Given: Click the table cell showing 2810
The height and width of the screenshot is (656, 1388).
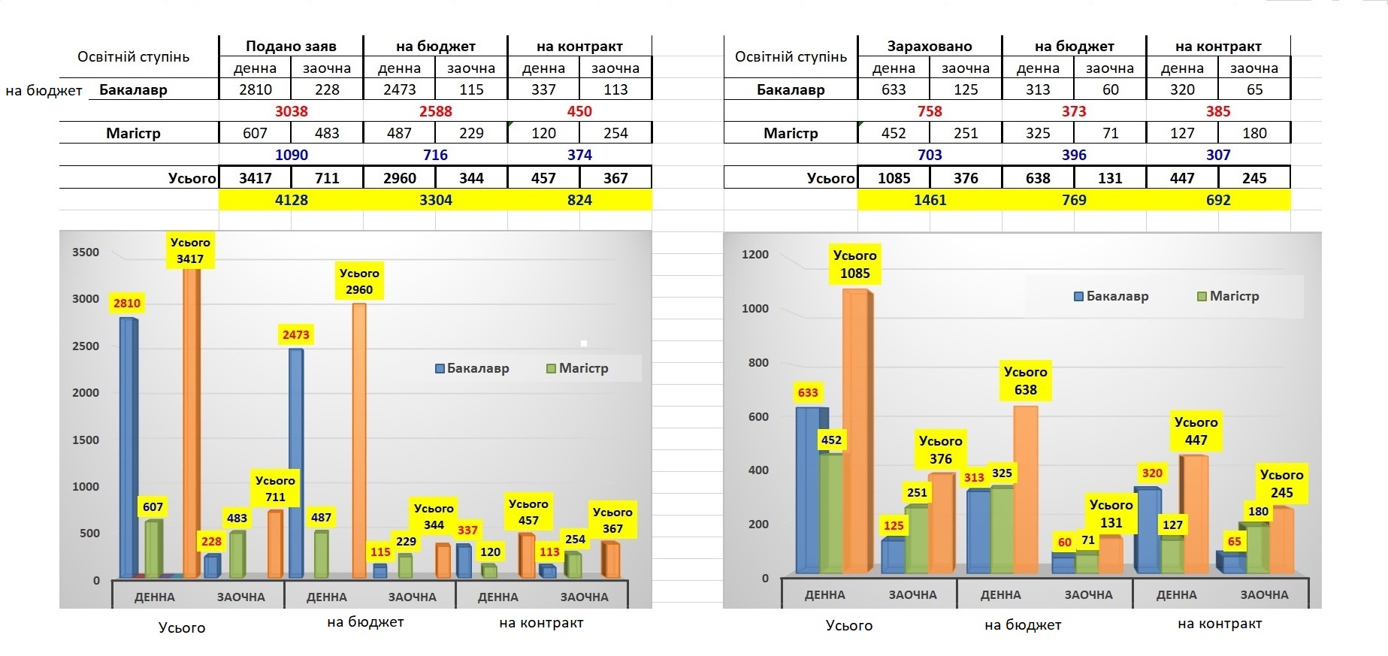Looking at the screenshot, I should (255, 89).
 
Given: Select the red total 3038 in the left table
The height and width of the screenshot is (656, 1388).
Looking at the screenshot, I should (291, 111).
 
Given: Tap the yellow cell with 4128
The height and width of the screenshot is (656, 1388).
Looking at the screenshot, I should (291, 200).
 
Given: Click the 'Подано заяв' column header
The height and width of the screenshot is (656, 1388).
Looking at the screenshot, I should (291, 46).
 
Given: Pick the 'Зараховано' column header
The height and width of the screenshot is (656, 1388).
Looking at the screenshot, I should (930, 46).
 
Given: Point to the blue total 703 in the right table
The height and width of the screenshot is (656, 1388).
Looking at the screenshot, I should (930, 155).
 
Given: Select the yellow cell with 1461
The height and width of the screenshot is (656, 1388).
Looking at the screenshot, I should (930, 200).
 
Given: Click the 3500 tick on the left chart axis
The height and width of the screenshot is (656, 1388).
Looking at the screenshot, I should (86, 252).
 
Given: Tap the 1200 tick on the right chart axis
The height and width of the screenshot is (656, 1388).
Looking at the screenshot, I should (754, 255).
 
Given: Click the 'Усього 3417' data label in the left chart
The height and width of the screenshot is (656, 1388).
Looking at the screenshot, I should (190, 251).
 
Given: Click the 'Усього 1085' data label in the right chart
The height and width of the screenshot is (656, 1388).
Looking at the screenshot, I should (855, 265).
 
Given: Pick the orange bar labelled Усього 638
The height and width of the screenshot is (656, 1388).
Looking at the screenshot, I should (1025, 488).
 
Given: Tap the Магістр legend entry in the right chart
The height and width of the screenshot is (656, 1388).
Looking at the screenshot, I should (1228, 296).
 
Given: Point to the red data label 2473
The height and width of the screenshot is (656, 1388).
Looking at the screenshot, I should (296, 335).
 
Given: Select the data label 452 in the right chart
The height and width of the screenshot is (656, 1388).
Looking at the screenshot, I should (831, 440).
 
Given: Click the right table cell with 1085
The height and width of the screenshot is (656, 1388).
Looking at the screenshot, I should (894, 178).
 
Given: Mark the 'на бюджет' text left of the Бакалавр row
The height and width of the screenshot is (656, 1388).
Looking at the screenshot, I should (44, 91).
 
